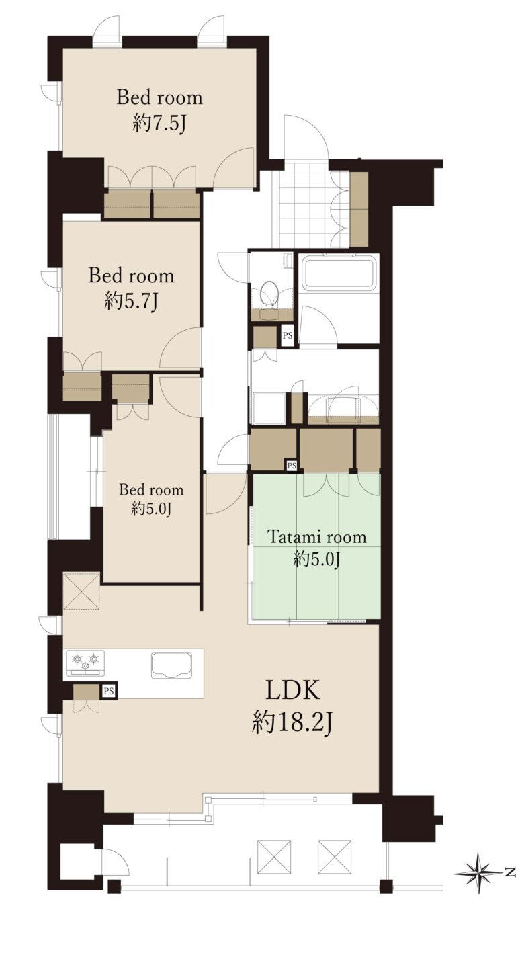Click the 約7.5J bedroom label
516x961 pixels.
pos(159,111)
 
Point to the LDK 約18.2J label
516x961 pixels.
pos(293,708)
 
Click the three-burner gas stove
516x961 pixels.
pos(85,661)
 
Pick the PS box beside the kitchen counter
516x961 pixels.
pos(109,691)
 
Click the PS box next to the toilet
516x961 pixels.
pos(288,335)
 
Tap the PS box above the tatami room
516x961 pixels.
pos(292,465)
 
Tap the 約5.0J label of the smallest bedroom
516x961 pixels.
pos(151,509)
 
